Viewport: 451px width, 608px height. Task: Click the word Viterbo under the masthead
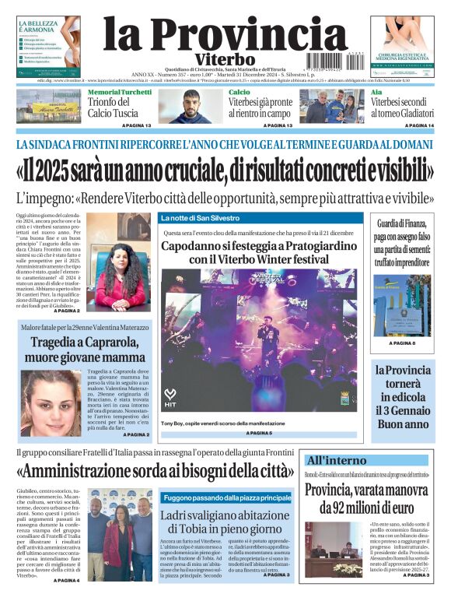pos(215,60)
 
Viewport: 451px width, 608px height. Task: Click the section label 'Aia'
pos(376,92)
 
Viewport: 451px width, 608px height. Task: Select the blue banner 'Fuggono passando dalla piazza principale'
pos(226,497)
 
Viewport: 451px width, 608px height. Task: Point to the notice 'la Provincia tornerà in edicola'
pos(401,397)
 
